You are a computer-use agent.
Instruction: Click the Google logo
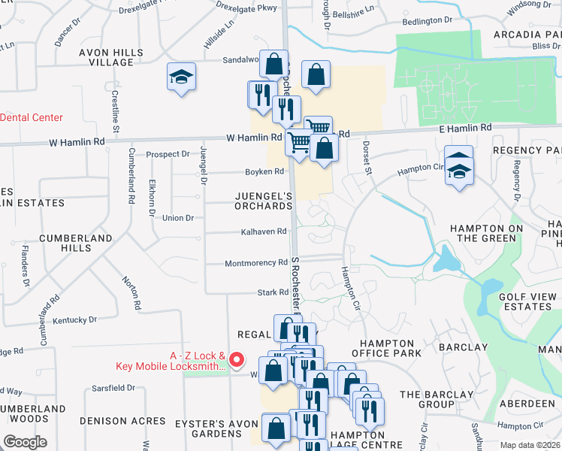tap(25, 442)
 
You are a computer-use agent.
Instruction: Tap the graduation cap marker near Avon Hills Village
tap(181, 78)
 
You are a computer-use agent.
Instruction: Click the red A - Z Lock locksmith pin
tap(237, 361)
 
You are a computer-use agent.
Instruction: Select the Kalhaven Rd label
tap(264, 232)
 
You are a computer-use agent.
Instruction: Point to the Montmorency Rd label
tap(256, 263)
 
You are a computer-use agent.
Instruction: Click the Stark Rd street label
tap(273, 292)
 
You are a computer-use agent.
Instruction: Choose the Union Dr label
tap(177, 218)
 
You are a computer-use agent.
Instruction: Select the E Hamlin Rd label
tap(465, 129)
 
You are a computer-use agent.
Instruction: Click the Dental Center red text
tap(32, 117)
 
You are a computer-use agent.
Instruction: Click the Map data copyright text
tap(529, 445)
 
